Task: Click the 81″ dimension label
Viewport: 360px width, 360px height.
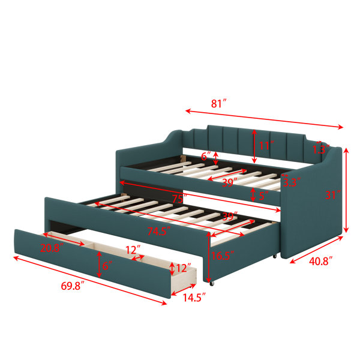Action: pyautogui.click(x=219, y=104)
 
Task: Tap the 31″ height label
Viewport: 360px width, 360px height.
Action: pyautogui.click(x=333, y=195)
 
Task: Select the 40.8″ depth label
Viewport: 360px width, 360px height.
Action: pyautogui.click(x=321, y=261)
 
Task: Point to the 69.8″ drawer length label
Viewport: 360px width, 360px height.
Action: pyautogui.click(x=73, y=286)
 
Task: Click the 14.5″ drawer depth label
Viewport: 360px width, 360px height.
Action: pyautogui.click(x=194, y=298)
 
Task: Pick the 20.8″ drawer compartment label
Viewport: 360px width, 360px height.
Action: pyautogui.click(x=52, y=248)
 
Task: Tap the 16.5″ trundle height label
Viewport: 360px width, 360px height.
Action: pyautogui.click(x=223, y=256)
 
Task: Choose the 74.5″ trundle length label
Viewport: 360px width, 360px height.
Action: pyautogui.click(x=159, y=231)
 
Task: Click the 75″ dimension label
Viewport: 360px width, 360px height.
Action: pyautogui.click(x=180, y=199)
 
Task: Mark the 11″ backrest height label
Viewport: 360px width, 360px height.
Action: pyautogui.click(x=266, y=146)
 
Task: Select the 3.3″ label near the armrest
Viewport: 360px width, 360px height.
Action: pyautogui.click(x=292, y=182)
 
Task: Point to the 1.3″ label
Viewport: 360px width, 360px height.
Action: pyautogui.click(x=321, y=149)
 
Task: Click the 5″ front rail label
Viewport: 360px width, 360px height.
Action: pyautogui.click(x=263, y=196)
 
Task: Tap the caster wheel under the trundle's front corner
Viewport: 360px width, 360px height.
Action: pyautogui.click(x=211, y=284)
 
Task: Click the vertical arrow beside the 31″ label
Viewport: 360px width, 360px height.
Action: pyautogui.click(x=346, y=191)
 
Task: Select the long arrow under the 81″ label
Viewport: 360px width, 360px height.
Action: pyautogui.click(x=264, y=119)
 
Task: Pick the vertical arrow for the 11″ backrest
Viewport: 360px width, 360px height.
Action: pyautogui.click(x=254, y=146)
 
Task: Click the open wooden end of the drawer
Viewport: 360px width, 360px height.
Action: pyautogui.click(x=184, y=281)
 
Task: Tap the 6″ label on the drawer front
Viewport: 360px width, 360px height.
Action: pyautogui.click(x=107, y=266)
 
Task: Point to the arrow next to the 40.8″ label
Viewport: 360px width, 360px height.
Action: pyautogui.click(x=316, y=250)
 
